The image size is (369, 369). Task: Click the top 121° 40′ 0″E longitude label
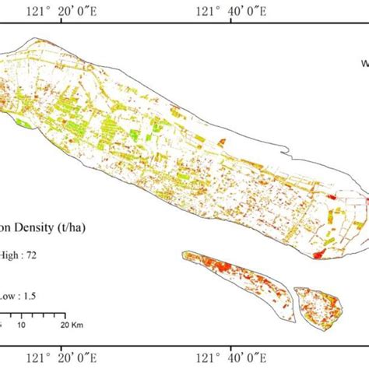(x=232, y=11)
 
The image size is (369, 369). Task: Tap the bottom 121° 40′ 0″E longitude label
(x=232, y=357)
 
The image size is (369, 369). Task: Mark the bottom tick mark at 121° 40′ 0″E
(x=231, y=343)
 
